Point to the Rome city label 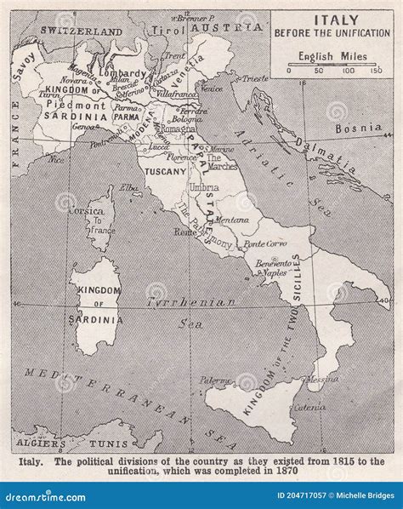(x=184, y=232)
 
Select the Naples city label (x=272, y=274)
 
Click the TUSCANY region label (x=165, y=171)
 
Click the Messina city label (x=321, y=379)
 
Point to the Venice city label (x=212, y=89)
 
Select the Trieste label (x=253, y=78)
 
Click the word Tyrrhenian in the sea (x=179, y=302)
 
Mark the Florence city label (x=183, y=157)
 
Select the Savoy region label (x=23, y=66)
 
